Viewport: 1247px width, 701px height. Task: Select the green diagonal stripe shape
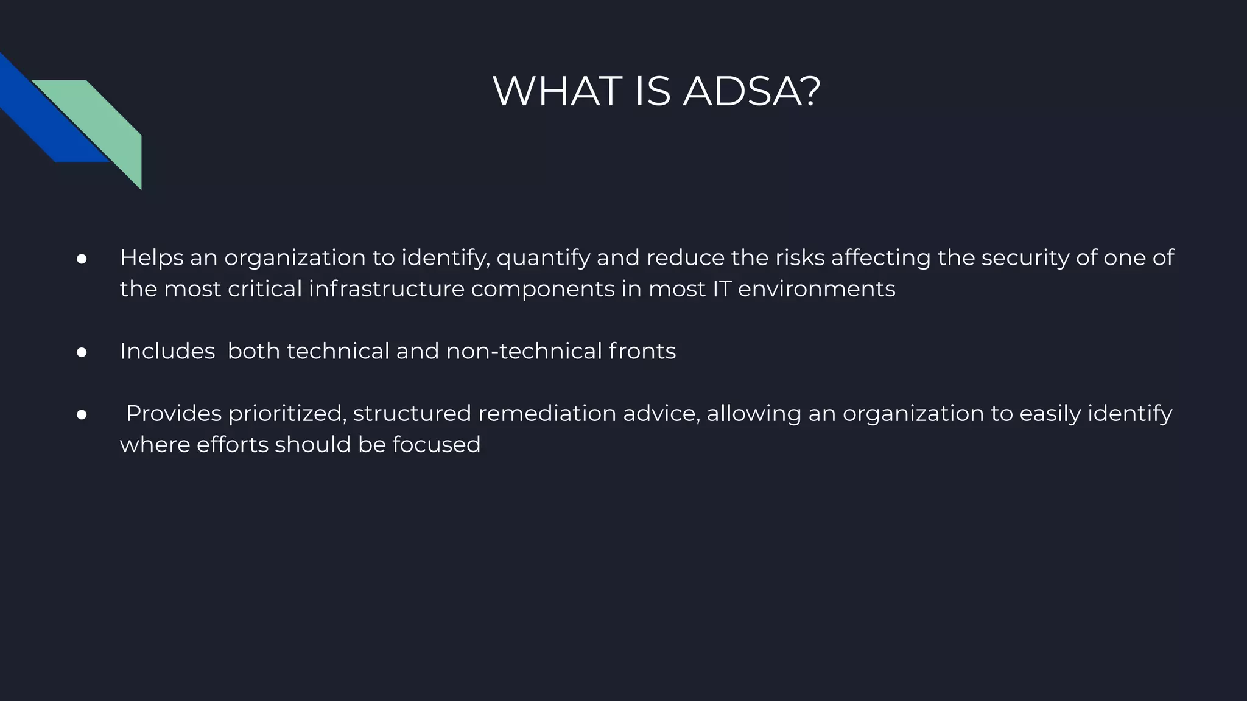(104, 122)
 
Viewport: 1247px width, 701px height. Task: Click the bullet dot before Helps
(82, 259)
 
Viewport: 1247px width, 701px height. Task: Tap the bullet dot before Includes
(82, 352)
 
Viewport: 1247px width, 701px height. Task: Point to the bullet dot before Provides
(82, 415)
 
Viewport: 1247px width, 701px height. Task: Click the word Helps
(152, 258)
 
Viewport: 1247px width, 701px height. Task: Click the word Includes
(167, 351)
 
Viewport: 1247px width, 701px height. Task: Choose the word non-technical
(524, 351)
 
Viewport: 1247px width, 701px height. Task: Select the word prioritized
(287, 414)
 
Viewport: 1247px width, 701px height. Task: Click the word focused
(436, 445)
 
